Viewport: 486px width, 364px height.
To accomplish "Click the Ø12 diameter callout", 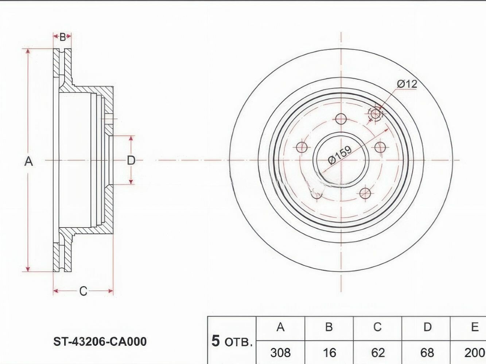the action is click(407, 84).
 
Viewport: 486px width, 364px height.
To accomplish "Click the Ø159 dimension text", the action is click(340, 155).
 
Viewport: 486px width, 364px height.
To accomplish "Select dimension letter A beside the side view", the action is click(28, 161).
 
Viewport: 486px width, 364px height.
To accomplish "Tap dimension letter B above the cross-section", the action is click(63, 37).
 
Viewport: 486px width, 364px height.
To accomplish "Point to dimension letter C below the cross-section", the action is click(83, 291).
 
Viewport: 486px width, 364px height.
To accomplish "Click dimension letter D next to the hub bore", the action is click(131, 160).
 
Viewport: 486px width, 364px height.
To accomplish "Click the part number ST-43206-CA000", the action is click(100, 341).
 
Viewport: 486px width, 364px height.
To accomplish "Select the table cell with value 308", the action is click(280, 353).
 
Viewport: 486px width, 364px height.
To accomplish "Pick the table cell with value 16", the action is click(329, 353).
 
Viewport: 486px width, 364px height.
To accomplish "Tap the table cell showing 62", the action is click(378, 353).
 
